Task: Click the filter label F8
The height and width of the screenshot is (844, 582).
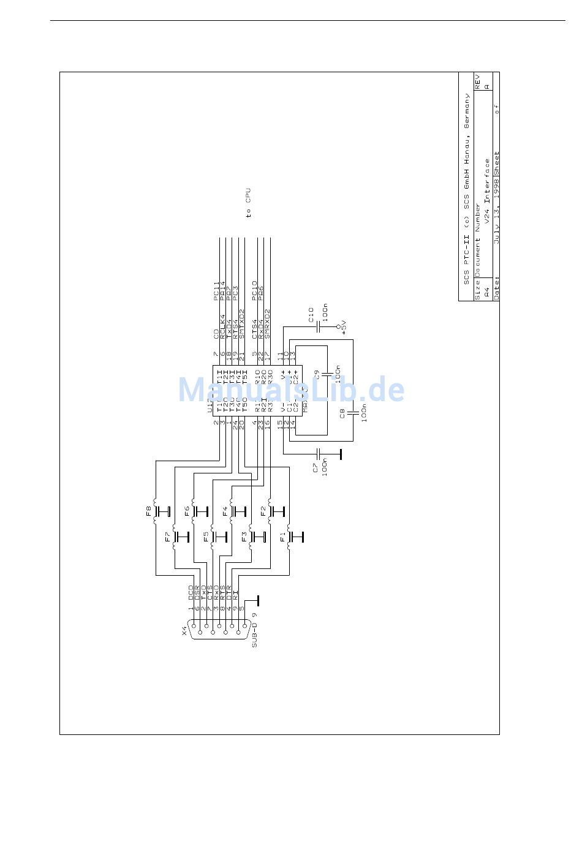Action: pos(148,510)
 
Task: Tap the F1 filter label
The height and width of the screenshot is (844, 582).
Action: pos(282,537)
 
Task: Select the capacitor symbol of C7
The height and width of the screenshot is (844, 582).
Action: pos(319,454)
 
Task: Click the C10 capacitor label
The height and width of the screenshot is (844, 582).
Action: pos(311,315)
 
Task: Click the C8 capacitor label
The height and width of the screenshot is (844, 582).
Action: pos(342,413)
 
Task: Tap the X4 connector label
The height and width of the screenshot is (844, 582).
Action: pos(184,630)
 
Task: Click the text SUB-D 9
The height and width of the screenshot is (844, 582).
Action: pos(254,630)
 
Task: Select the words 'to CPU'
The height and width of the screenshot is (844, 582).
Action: pos(248,203)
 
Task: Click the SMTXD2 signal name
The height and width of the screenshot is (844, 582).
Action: pos(242,324)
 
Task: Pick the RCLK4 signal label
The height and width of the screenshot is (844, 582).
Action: pos(223,326)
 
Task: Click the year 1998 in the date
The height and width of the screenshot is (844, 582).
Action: pos(496,187)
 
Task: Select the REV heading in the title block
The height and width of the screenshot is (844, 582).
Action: pos(478,81)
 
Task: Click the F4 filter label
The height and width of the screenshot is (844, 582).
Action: pos(225,510)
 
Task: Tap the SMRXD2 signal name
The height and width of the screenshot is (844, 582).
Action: pos(267,324)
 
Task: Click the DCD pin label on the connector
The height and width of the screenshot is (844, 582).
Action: pos(191,591)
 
